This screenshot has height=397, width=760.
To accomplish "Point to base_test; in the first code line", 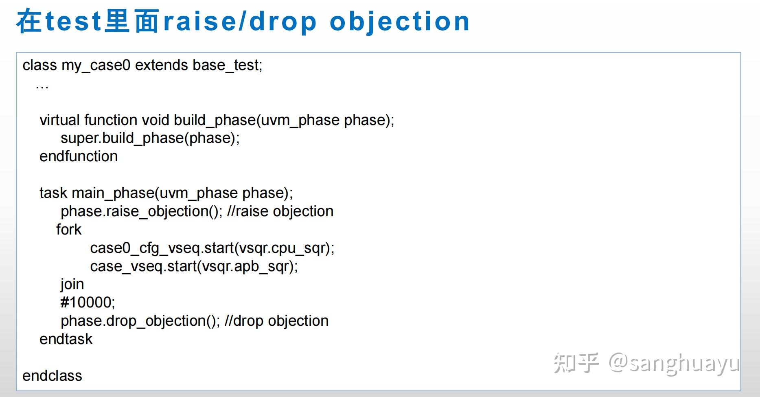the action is tap(228, 66).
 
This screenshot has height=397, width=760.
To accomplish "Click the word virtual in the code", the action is tap(59, 120).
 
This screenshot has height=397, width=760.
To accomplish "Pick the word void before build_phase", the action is tap(155, 120).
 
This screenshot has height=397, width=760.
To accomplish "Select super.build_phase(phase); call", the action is tap(150, 138).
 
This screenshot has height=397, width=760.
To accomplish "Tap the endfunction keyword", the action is tap(79, 156).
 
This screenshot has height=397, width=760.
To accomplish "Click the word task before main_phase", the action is tap(53, 193).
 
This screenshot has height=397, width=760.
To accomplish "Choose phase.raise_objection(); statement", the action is tap(142, 212).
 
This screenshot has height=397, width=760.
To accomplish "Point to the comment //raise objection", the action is tap(280, 211).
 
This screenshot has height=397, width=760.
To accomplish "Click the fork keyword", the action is tap(69, 230).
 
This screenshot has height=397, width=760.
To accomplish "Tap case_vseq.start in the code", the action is tap(143, 267).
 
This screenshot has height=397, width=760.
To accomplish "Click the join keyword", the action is tap(72, 285).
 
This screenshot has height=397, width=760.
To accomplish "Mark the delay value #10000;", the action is tap(88, 303).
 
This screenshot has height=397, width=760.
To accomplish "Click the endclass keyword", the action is tap(52, 376).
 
